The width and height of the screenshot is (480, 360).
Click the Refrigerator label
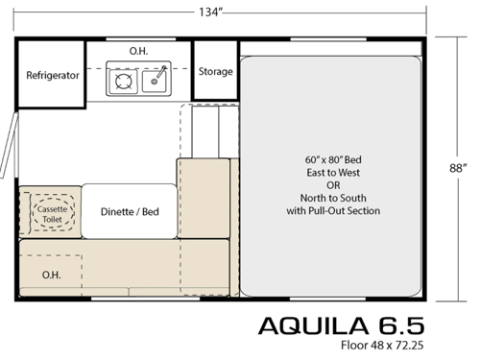pyautogui.click(x=52, y=75)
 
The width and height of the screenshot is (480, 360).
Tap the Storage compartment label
pyautogui.click(x=215, y=71)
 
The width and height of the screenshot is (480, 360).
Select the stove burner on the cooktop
pyautogui.click(x=125, y=81)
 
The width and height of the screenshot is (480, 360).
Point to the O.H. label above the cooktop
pyautogui.click(x=139, y=49)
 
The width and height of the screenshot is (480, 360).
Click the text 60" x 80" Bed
pyautogui.click(x=333, y=156)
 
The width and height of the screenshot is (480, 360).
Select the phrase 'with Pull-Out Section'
pyautogui.click(x=333, y=210)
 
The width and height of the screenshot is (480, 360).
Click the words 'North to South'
pyautogui.click(x=333, y=197)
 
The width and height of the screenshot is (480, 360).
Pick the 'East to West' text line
pyautogui.click(x=333, y=170)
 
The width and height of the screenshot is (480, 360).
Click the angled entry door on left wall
pyautogui.click(x=10, y=144)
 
